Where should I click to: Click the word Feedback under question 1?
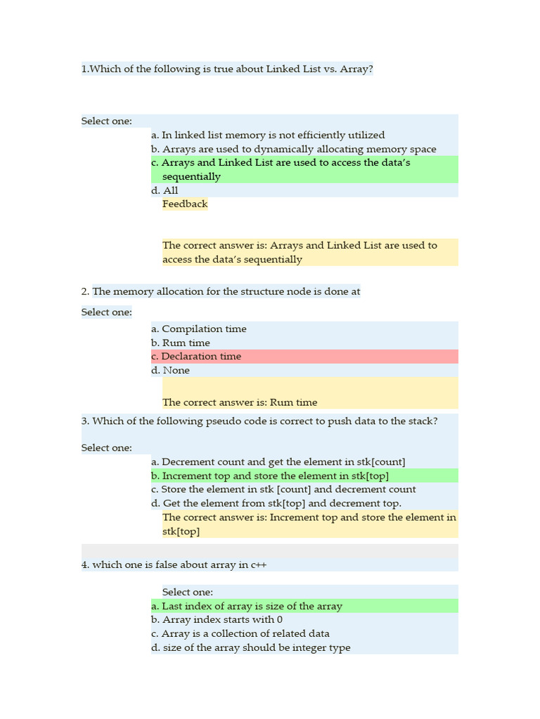(x=185, y=204)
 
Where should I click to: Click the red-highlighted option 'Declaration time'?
(x=196, y=356)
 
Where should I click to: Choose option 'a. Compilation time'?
(x=199, y=329)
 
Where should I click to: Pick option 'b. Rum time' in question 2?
(x=181, y=343)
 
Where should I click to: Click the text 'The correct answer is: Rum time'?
(x=240, y=402)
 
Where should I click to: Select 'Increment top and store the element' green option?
(x=270, y=475)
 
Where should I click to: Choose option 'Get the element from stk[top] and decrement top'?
(x=276, y=503)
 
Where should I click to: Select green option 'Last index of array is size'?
(x=247, y=606)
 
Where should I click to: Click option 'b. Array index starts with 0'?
(x=217, y=619)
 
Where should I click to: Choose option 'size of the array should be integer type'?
(x=251, y=647)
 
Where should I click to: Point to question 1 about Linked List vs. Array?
(x=227, y=69)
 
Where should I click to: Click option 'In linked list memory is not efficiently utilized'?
(x=268, y=135)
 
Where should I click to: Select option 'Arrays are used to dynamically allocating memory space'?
(x=294, y=149)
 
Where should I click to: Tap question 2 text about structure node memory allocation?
(x=221, y=291)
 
